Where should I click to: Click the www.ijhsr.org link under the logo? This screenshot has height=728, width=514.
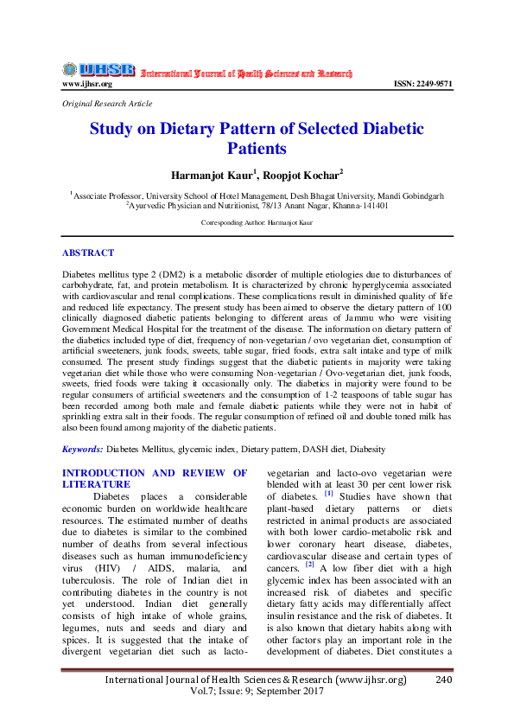point(86,84)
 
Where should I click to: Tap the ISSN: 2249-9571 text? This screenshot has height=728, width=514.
point(422,84)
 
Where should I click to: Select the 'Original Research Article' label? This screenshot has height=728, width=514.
point(107,103)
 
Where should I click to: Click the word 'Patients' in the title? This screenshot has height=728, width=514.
point(257,149)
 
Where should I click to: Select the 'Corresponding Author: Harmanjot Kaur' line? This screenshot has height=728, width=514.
point(257,222)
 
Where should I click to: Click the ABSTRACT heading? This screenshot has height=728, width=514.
point(88,252)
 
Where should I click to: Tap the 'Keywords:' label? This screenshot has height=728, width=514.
point(82,450)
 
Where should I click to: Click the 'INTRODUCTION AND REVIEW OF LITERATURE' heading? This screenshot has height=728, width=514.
point(155,479)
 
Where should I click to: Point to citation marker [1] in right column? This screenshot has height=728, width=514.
point(328,495)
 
